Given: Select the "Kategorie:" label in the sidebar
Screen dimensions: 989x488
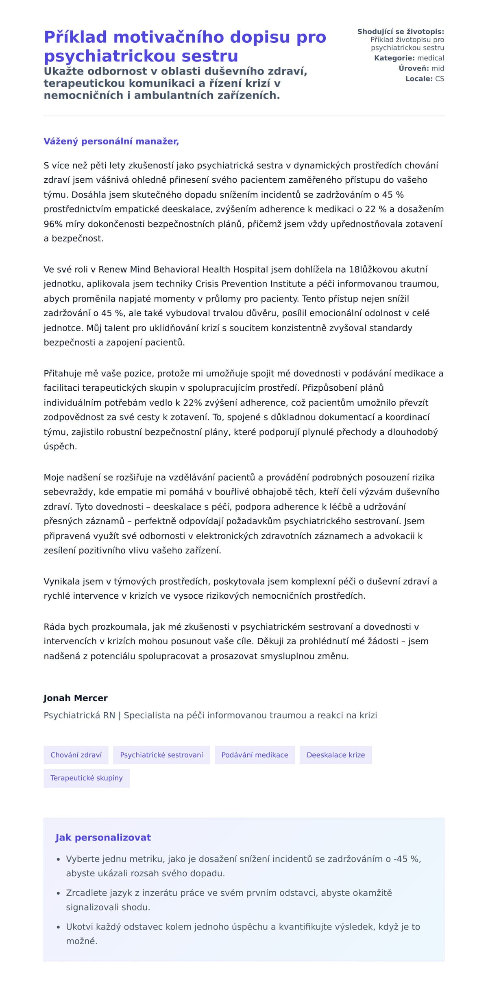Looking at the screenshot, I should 394,58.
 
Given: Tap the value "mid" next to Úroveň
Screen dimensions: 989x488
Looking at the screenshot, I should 438,68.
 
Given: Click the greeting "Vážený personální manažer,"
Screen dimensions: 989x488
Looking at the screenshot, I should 111,141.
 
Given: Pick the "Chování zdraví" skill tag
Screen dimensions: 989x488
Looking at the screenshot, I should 76,755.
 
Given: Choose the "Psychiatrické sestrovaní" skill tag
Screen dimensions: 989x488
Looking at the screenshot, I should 161,755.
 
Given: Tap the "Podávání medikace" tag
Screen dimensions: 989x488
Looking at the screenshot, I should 255,755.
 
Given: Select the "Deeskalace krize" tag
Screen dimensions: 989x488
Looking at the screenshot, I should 335,755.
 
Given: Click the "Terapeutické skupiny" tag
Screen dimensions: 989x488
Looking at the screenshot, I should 86,778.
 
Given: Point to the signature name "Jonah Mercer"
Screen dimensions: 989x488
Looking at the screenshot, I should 76,698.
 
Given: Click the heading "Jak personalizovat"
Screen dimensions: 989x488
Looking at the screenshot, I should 103,837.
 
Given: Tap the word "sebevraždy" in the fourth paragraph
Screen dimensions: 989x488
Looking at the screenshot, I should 69,492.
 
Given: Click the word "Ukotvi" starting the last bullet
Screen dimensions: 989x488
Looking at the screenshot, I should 80,927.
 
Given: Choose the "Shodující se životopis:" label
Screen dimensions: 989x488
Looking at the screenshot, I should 401,32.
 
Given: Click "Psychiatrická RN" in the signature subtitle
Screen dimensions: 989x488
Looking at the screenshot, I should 79,715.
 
